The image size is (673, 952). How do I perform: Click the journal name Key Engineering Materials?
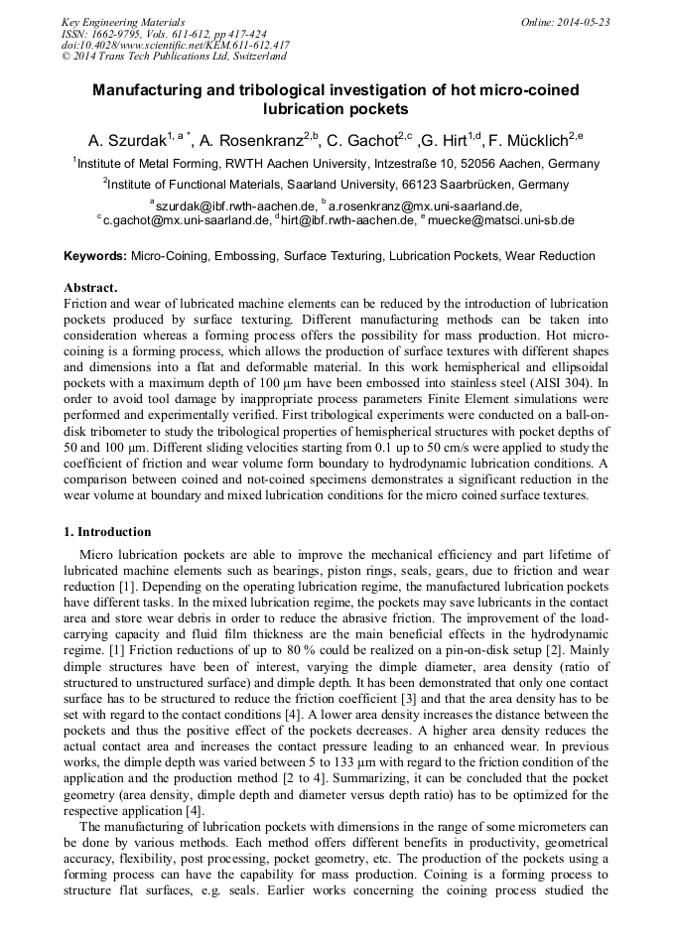click(x=123, y=22)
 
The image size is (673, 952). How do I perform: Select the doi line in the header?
click(x=175, y=45)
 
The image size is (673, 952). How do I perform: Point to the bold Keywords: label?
click(x=95, y=256)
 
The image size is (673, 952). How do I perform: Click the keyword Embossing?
click(x=242, y=256)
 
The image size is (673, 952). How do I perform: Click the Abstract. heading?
click(x=91, y=288)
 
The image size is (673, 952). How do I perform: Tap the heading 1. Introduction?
click(x=107, y=531)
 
